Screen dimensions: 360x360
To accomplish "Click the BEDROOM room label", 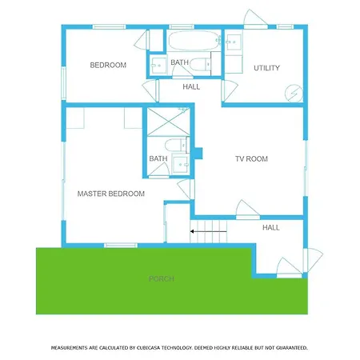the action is tap(108, 65).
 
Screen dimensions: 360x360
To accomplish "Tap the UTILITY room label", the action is tap(266, 68).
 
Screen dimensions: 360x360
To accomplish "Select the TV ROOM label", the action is tap(251, 159).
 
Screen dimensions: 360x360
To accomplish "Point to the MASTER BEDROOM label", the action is tap(111, 194).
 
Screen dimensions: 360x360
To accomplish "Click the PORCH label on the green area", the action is tap(162, 279).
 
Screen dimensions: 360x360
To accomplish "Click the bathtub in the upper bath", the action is tap(194, 41).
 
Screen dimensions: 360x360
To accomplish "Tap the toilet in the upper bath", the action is tap(201, 64).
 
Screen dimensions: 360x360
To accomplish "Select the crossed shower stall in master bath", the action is tap(168, 122).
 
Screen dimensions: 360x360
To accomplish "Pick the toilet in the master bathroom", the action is tap(175, 146).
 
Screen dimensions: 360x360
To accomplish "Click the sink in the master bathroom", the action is tap(181, 164).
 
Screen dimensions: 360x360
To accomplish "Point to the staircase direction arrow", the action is tap(208, 231).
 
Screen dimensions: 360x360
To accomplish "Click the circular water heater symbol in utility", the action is tap(294, 93).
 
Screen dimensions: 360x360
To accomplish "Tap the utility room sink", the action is tap(234, 42).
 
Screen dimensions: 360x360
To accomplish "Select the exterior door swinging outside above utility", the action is tap(255, 18).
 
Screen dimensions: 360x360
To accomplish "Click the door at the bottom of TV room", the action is tap(247, 210).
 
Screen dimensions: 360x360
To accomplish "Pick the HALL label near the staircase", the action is tap(271, 227).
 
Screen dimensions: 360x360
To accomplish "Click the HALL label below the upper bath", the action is tap(191, 86).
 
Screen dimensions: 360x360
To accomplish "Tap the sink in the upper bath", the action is tap(158, 65).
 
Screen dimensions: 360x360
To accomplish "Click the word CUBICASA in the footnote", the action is tap(150, 348).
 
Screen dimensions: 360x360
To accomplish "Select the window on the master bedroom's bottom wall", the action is tap(121, 246).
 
